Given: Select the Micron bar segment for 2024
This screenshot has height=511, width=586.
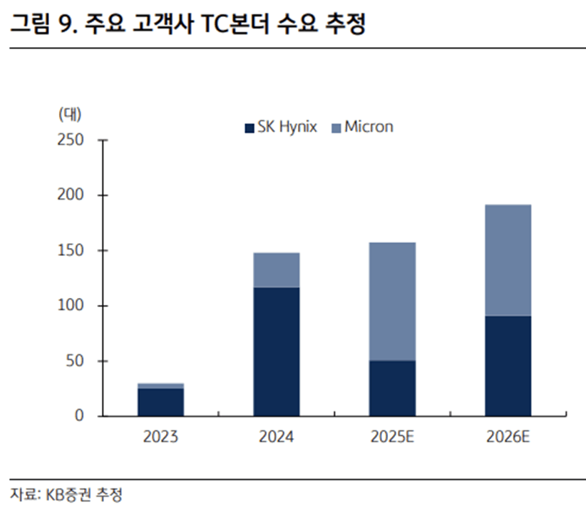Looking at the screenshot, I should point(277,270).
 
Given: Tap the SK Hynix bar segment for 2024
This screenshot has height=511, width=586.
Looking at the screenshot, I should point(277,351).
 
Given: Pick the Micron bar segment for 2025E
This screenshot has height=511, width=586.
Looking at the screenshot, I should point(392,301).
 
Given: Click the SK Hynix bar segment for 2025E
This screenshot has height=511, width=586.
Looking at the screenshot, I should point(392,388).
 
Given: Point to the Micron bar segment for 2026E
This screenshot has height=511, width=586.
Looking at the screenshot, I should point(508,260).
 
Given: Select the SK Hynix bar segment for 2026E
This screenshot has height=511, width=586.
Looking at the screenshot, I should point(508,366).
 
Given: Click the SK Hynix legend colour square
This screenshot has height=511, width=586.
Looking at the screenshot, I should point(250,128).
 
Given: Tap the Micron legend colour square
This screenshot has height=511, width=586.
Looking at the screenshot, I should point(336,128).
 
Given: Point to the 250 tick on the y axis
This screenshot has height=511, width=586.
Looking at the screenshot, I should point(75,140).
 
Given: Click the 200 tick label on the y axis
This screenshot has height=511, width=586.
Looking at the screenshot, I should point(75,195).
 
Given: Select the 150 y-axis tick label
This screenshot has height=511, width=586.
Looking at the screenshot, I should point(75,250).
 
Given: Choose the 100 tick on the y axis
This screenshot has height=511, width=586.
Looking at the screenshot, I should point(75,306).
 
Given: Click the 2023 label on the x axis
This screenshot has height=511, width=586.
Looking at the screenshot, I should point(161,437).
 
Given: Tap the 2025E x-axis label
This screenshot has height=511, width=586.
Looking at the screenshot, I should point(392,437).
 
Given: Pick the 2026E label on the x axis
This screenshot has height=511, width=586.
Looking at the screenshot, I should point(508,437).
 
